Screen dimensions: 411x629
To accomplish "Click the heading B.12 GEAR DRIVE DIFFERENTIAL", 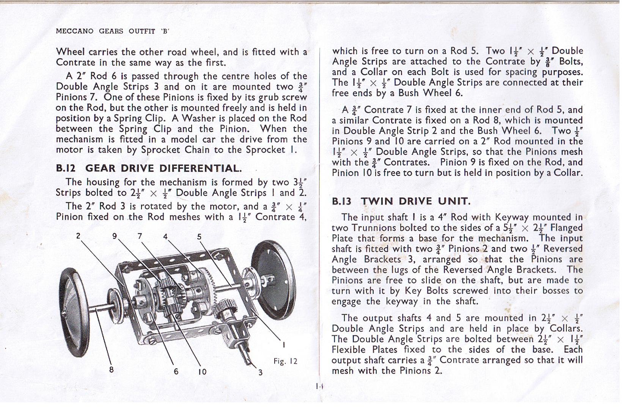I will point(149,168).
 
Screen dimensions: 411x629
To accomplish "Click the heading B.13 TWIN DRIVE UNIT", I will point(401,201).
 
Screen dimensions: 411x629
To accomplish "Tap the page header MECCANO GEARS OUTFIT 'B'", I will point(112,31).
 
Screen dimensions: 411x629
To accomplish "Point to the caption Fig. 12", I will point(285,361).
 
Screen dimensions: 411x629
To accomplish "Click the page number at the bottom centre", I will point(319,386).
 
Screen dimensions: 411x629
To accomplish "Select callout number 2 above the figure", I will point(78,236).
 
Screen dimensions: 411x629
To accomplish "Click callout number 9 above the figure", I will point(115,236).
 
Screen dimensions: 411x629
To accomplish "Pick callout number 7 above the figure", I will point(140,236).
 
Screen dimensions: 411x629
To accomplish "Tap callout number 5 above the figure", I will point(199,237).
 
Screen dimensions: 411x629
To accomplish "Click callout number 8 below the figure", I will point(111,369).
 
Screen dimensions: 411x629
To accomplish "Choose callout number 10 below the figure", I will point(202,372).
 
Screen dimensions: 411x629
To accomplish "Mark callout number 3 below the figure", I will point(260,372).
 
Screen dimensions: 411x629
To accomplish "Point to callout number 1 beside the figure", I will point(284,345).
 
